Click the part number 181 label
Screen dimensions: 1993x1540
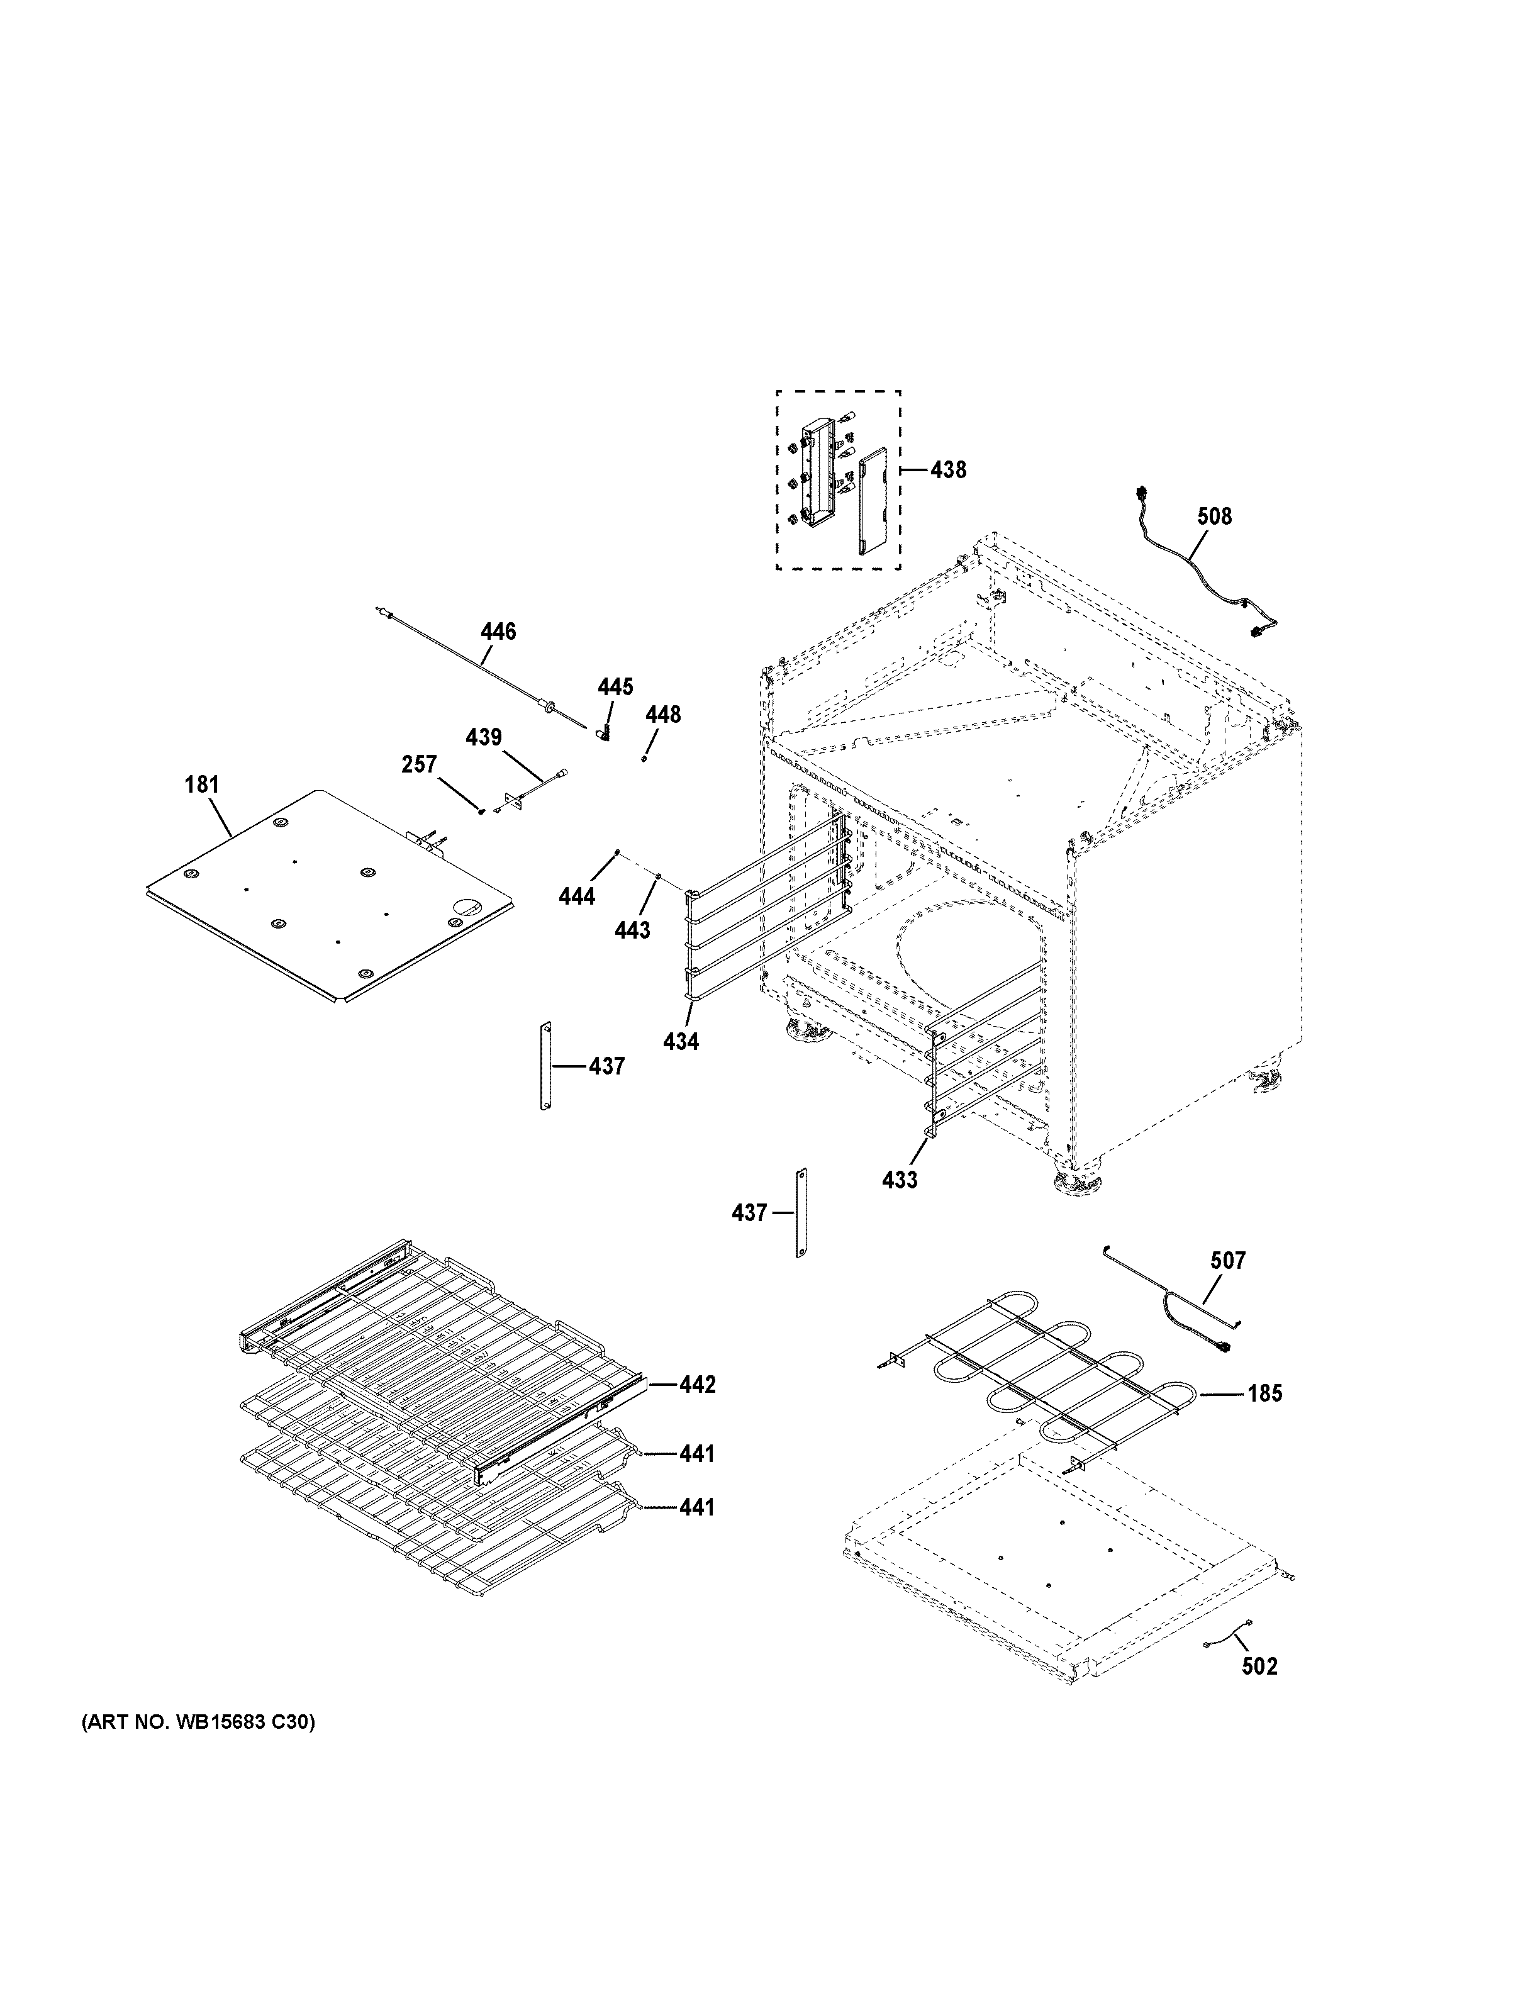point(202,784)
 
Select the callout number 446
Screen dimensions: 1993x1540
point(498,632)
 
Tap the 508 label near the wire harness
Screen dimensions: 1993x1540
point(1214,516)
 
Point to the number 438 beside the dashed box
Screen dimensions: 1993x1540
point(948,470)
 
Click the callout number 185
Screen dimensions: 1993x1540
point(1264,1419)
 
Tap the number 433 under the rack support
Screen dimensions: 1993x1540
point(900,1180)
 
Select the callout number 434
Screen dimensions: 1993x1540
point(681,1041)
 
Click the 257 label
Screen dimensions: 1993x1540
point(419,765)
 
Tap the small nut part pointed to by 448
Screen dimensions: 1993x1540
point(644,757)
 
